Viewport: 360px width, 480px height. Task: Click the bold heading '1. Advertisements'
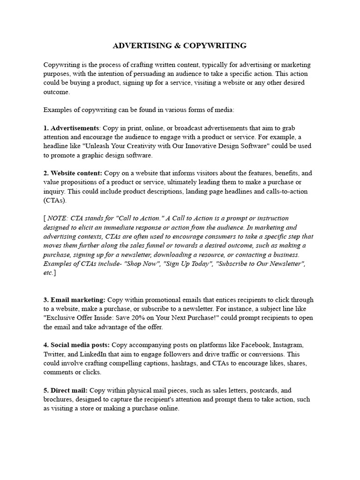71,128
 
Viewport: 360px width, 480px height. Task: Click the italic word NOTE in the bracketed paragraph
57,218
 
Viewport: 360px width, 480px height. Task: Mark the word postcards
266,390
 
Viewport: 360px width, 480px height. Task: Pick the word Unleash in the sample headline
98,146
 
